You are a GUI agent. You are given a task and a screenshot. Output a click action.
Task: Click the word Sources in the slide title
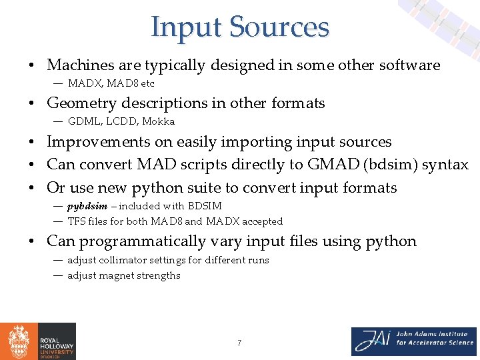click(279, 27)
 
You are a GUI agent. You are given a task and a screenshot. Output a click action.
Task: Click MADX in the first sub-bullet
click(84, 83)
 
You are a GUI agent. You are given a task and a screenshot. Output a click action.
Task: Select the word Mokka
click(158, 121)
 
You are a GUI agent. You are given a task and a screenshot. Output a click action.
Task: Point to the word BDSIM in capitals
click(205, 206)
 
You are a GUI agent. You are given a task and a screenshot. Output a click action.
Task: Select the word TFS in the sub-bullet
click(77, 221)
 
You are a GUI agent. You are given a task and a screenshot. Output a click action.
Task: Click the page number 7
click(239, 343)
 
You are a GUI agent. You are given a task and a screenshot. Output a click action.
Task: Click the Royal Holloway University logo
click(38, 341)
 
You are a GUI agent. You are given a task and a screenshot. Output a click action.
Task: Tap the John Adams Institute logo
click(414, 341)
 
